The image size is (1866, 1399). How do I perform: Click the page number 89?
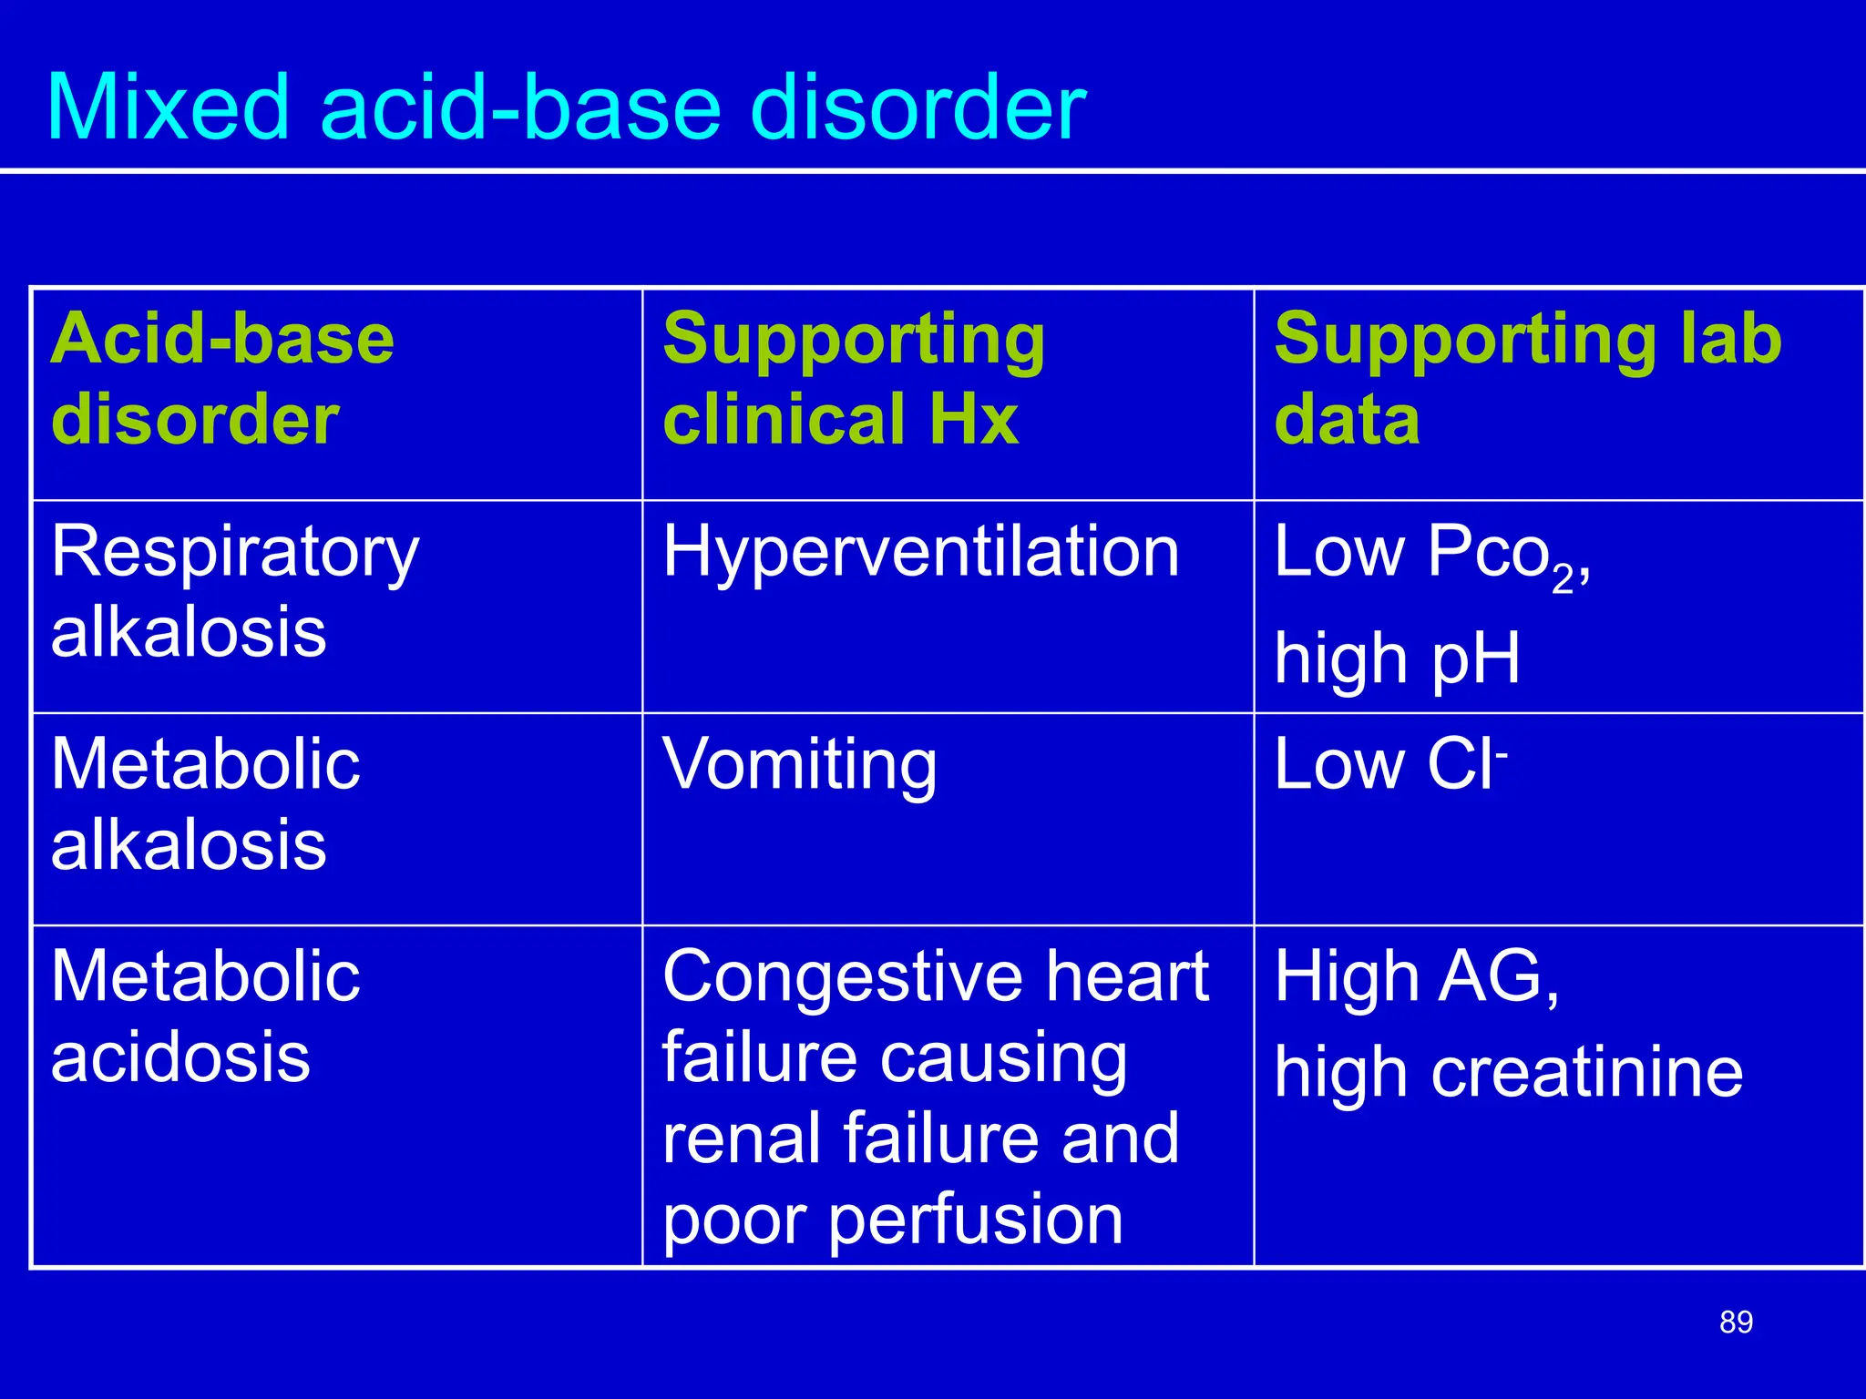[x=1736, y=1322]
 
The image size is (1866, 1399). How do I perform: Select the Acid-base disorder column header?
[x=222, y=378]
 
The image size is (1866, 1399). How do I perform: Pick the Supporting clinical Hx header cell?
[x=853, y=378]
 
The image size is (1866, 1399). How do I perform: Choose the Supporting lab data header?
[x=1527, y=378]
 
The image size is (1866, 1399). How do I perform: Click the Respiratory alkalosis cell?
[x=234, y=591]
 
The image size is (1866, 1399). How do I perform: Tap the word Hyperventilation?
[x=920, y=552]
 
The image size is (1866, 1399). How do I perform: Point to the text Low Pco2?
[x=1430, y=554]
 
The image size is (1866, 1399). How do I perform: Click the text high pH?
[x=1397, y=658]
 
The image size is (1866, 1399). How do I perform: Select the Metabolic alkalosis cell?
[x=205, y=804]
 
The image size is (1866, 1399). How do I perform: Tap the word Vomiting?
[x=799, y=765]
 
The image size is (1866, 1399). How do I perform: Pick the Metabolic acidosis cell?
[x=205, y=1016]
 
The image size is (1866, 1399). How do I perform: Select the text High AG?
[x=1416, y=976]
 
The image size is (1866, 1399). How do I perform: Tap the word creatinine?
[x=1586, y=1072]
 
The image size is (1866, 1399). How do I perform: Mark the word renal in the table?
[x=739, y=1139]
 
